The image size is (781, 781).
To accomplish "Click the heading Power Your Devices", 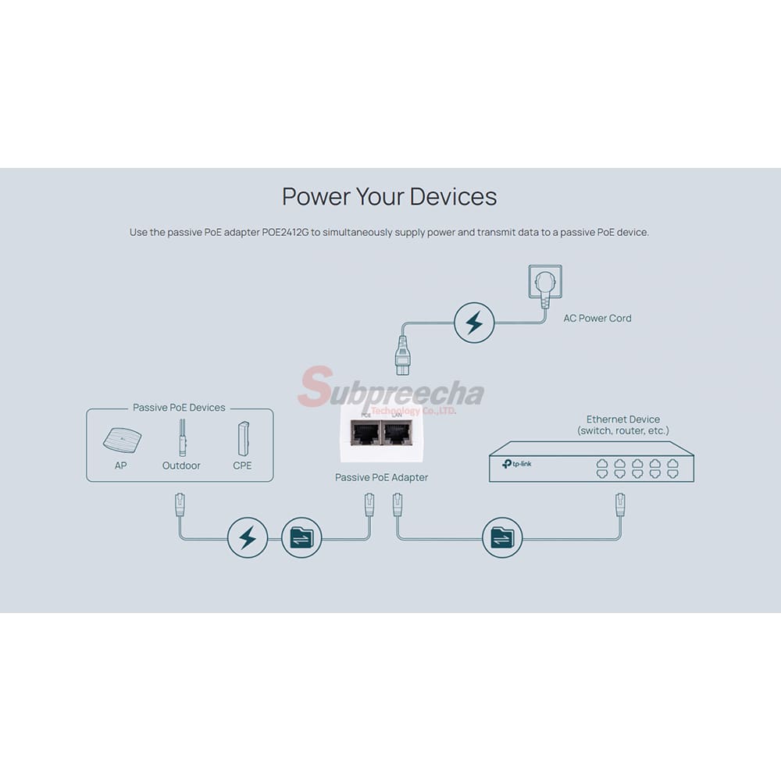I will click(x=389, y=196).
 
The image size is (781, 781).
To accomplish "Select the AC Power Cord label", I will click(x=597, y=319).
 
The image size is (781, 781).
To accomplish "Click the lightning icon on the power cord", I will click(x=474, y=323).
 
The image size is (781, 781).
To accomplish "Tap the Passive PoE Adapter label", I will click(x=381, y=477).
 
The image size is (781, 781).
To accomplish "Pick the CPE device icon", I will click(x=242, y=439).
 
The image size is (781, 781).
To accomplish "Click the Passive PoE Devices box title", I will click(x=179, y=408).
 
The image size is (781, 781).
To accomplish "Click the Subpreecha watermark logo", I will click(x=390, y=390).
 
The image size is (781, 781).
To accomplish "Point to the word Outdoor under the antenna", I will click(x=181, y=465).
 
